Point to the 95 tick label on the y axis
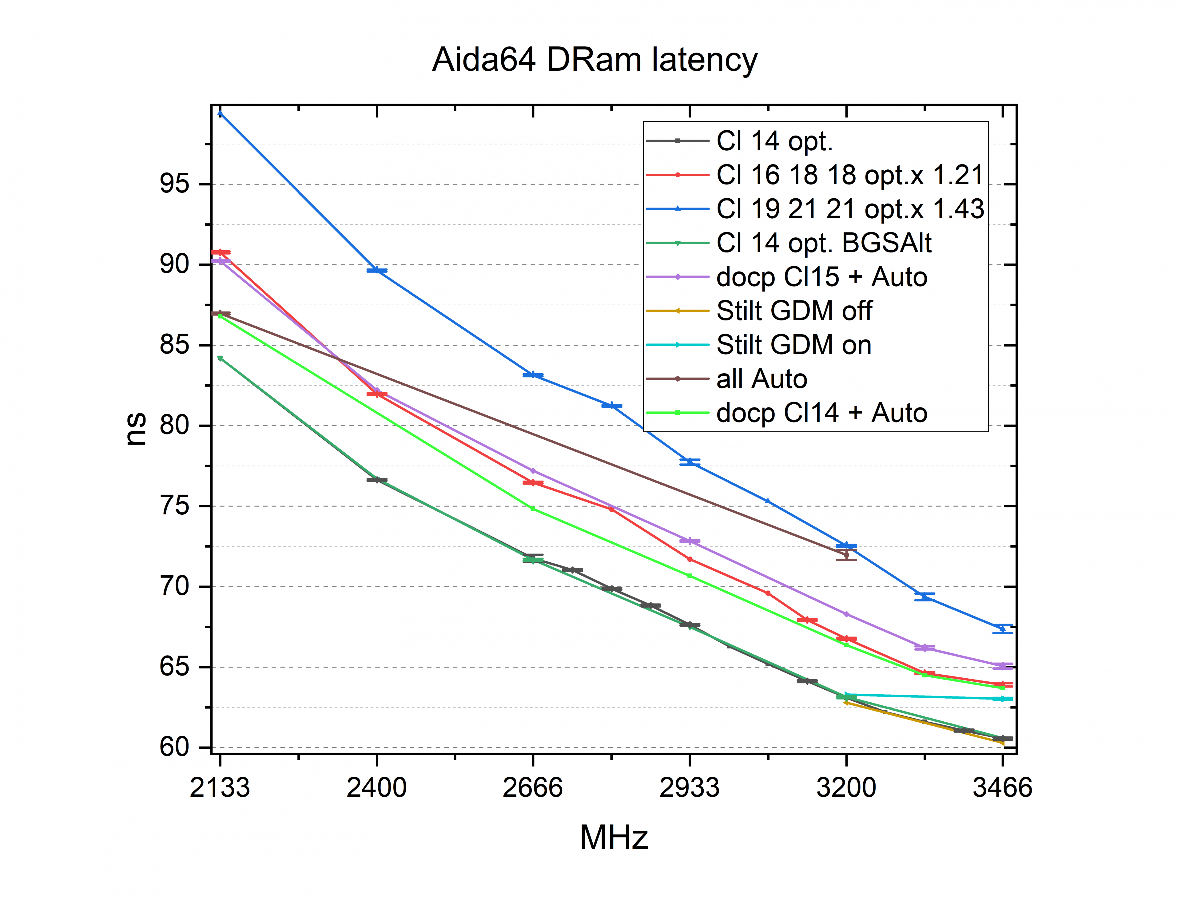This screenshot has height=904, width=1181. point(175,184)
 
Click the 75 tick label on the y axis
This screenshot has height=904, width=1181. point(175,506)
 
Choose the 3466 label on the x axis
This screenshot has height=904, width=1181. point(1002,788)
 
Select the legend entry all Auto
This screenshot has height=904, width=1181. point(762,379)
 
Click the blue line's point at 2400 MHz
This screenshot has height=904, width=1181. point(377,270)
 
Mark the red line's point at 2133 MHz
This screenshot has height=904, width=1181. point(220,252)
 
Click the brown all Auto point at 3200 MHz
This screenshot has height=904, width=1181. point(846,554)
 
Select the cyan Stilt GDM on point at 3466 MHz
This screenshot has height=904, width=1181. point(1002,699)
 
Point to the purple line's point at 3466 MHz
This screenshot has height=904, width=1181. point(1002,666)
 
